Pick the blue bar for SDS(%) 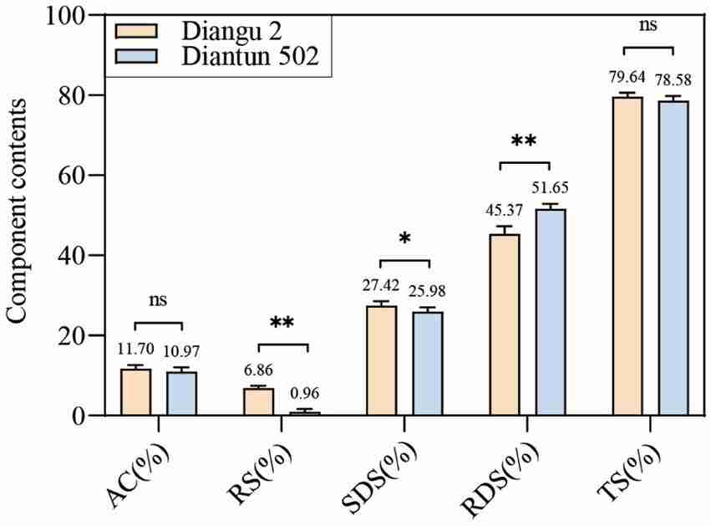tap(427, 363)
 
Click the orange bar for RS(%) tap(259, 401)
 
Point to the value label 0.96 tap(304, 393)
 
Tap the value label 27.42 tap(379, 285)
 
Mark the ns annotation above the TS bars tap(648, 25)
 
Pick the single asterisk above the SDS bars tap(404, 240)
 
